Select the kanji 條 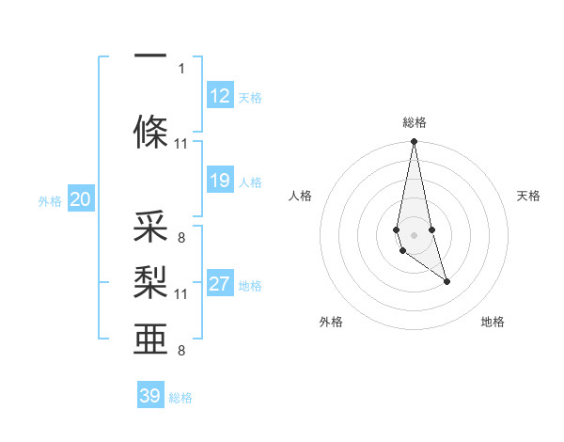[x=150, y=133]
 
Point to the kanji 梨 [x=150, y=283]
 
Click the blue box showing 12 [x=220, y=96]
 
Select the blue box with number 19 [x=220, y=181]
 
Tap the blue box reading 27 [x=220, y=285]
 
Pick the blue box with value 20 [x=81, y=199]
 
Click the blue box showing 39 [x=150, y=396]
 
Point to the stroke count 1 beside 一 [x=181, y=68]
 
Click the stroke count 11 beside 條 [x=181, y=144]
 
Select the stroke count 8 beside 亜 [x=181, y=351]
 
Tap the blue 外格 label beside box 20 [x=50, y=200]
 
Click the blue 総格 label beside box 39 [x=180, y=398]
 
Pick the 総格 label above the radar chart [x=414, y=122]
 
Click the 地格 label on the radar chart [x=493, y=323]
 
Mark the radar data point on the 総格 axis [x=414, y=142]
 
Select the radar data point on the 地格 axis [x=446, y=281]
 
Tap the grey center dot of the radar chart [x=414, y=234]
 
